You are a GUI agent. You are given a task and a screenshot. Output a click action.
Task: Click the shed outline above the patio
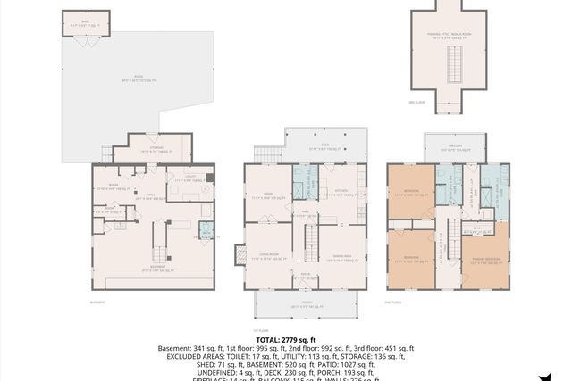(86, 22)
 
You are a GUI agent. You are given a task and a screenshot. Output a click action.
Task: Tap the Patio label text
(139, 78)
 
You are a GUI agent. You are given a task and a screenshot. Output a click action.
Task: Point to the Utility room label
(183, 179)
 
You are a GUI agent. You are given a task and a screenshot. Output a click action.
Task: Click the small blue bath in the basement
(206, 233)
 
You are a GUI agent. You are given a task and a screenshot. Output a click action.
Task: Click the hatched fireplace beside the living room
(240, 254)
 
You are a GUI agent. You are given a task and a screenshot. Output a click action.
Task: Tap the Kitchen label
(341, 190)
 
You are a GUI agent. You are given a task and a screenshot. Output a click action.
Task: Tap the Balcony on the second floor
(454, 148)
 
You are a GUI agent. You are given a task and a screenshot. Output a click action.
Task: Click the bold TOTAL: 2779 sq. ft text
(286, 340)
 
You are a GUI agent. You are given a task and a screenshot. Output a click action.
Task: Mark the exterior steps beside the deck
(266, 154)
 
